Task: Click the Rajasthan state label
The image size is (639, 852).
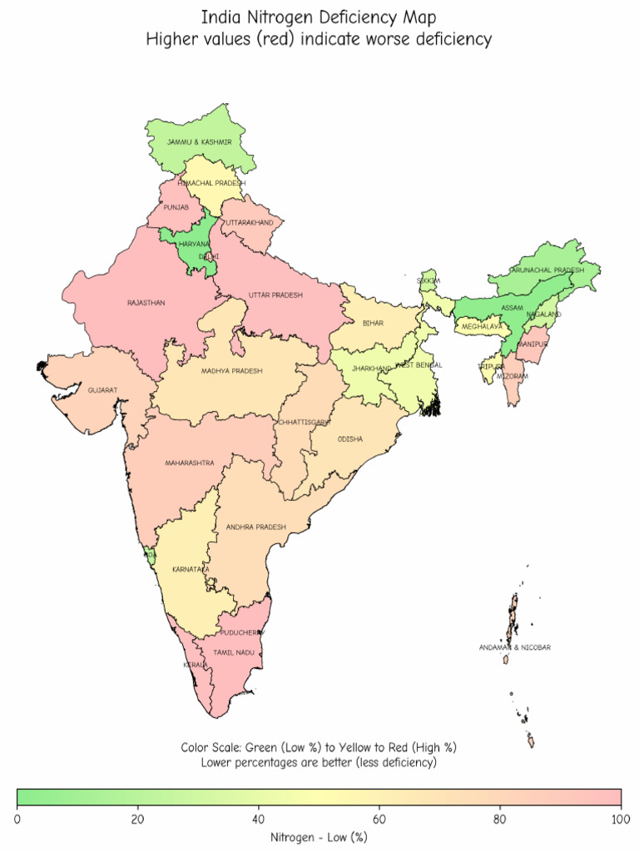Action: [146, 303]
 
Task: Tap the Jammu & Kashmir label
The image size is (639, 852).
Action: [199, 142]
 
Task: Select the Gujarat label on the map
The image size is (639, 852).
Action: [102, 390]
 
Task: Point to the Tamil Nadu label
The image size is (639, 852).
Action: [234, 653]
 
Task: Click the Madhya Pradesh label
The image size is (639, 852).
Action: [231, 371]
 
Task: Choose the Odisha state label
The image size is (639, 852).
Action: [350, 439]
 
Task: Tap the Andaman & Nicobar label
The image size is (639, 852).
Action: [514, 647]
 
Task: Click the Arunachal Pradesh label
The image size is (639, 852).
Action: [547, 270]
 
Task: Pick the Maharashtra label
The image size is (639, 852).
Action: [189, 463]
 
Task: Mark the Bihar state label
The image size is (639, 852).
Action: [373, 323]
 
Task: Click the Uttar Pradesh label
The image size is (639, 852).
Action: [275, 295]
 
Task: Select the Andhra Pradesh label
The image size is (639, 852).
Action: [255, 527]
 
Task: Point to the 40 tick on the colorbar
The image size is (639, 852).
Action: [259, 819]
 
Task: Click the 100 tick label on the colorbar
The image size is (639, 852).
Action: [621, 819]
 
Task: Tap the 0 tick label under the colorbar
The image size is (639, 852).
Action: [17, 819]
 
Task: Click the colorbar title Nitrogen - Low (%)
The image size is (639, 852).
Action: [319, 837]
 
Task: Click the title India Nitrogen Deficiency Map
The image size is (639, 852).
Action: [319, 17]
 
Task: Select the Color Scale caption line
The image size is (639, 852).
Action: [319, 747]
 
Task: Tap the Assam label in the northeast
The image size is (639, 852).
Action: [513, 308]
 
